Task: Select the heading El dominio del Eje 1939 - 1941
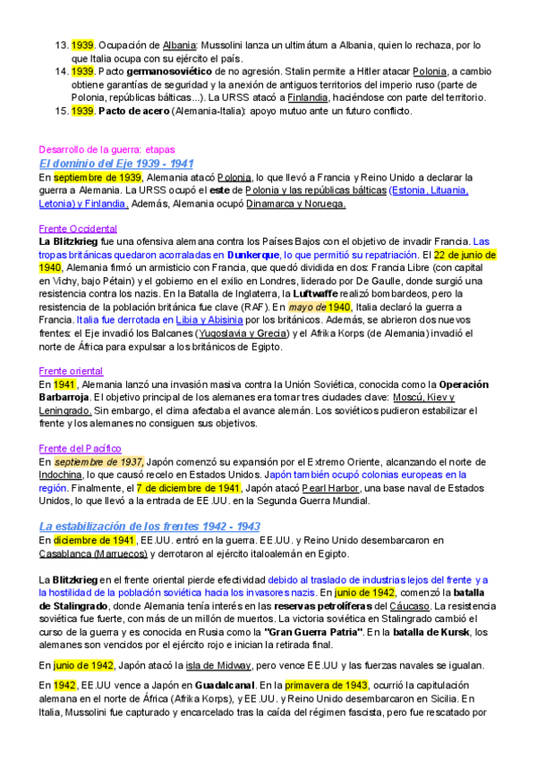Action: tap(116, 164)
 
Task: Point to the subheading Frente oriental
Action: tap(71, 371)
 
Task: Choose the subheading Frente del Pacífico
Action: tap(81, 448)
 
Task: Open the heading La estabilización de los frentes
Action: tap(149, 526)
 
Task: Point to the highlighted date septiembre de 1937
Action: tap(98, 461)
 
